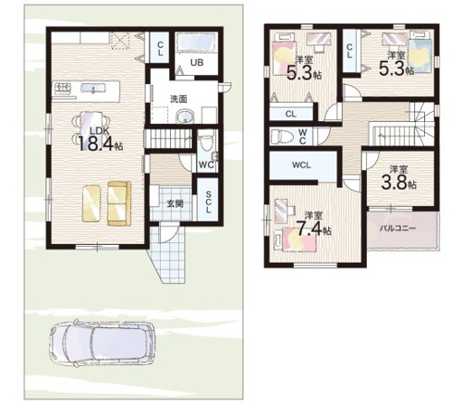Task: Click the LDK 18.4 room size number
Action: pos(96,143)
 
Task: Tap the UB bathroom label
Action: pos(197,63)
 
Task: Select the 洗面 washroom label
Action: pos(178,99)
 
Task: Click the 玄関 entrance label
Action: pos(175,203)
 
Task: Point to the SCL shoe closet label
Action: pos(208,202)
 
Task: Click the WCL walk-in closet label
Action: pos(301,165)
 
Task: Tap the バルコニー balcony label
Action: pos(397,228)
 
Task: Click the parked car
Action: pos(103,344)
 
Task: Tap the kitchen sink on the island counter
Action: pos(92,89)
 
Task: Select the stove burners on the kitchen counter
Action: pos(63,88)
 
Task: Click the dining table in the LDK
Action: pos(91,128)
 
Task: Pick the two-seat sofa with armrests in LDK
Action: pos(119,203)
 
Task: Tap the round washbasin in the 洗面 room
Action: pos(185,117)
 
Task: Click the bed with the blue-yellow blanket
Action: pos(420,54)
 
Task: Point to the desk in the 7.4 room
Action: pos(281,211)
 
